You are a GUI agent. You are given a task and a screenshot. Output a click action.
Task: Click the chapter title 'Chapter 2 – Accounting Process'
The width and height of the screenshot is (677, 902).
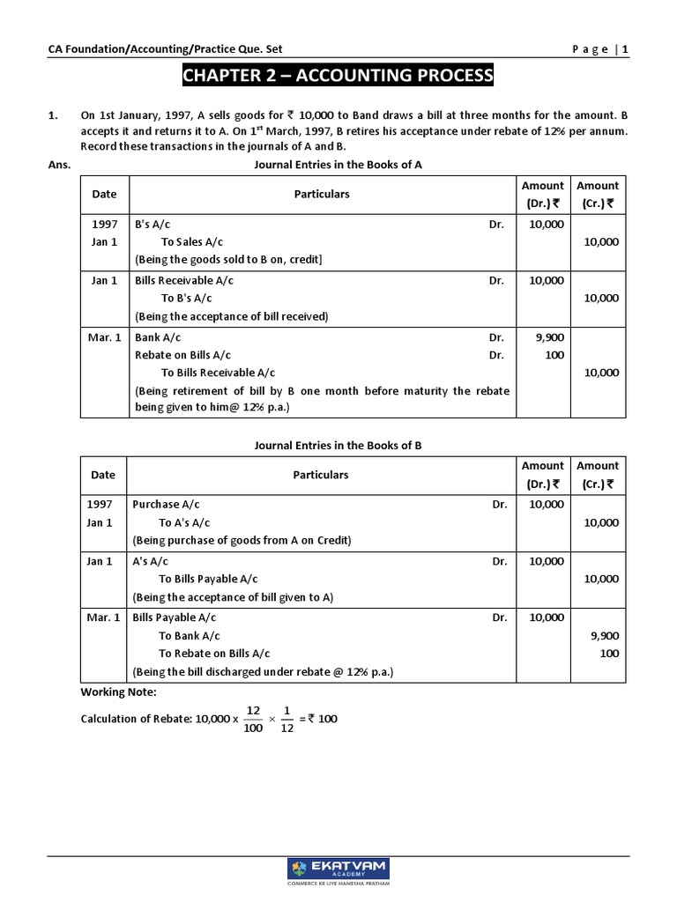click(338, 76)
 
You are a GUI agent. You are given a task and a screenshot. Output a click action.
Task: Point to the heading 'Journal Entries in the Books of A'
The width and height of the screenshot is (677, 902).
click(338, 164)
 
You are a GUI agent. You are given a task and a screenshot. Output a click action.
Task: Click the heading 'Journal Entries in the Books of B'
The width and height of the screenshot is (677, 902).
click(338, 445)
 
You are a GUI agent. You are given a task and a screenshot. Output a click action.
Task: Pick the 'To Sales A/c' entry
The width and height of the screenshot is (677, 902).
click(192, 241)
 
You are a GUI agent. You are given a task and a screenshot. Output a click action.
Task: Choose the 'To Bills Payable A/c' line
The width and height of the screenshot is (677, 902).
click(208, 579)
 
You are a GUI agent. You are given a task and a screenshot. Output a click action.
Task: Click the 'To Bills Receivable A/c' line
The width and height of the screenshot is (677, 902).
click(218, 373)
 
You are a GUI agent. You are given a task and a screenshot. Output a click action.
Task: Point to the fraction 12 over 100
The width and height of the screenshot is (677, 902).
click(253, 719)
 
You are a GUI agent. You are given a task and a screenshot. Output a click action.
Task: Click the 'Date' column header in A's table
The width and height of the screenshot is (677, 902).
click(104, 194)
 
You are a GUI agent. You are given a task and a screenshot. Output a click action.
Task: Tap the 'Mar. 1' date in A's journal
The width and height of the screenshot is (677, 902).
click(104, 337)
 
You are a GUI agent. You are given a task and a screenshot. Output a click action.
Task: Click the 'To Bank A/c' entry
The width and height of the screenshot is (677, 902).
click(190, 635)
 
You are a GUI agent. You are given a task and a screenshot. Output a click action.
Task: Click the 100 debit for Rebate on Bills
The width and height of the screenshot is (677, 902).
click(554, 355)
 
